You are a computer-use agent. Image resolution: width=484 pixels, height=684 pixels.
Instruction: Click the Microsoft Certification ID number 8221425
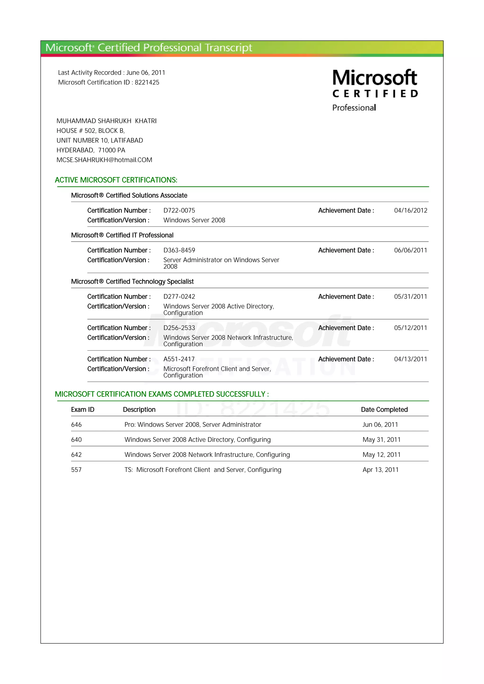pyautogui.click(x=147, y=83)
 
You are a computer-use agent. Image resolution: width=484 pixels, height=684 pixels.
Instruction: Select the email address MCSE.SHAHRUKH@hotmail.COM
pyautogui.click(x=104, y=160)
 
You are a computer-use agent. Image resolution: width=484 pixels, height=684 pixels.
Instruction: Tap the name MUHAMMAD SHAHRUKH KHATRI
pyautogui.click(x=106, y=121)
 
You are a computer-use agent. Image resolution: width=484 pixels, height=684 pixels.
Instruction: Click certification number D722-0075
pyautogui.click(x=179, y=211)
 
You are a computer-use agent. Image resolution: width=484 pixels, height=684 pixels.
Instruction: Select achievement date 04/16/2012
pyautogui.click(x=410, y=211)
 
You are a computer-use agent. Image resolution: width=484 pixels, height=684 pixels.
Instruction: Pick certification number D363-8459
pyautogui.click(x=179, y=250)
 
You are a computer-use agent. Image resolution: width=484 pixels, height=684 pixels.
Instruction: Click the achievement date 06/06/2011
pyautogui.click(x=410, y=250)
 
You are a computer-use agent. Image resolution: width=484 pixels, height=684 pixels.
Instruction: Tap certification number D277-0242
pyautogui.click(x=179, y=297)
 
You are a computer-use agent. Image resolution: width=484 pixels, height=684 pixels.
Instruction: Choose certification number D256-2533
pyautogui.click(x=179, y=328)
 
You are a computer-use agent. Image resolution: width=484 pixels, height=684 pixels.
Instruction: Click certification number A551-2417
pyautogui.click(x=179, y=359)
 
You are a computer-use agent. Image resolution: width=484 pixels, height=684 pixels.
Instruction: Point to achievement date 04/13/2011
pyautogui.click(x=410, y=359)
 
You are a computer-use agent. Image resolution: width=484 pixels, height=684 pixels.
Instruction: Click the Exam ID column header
pyautogui.click(x=83, y=410)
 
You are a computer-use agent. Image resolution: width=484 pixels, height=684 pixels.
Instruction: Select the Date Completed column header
pyautogui.click(x=384, y=410)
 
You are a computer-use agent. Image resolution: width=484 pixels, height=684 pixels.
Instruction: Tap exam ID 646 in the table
pyautogui.click(x=76, y=425)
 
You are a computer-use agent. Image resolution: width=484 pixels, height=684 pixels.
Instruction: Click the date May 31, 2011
pyautogui.click(x=381, y=440)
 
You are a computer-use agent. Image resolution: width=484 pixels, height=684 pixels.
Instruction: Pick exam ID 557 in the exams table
pyautogui.click(x=76, y=470)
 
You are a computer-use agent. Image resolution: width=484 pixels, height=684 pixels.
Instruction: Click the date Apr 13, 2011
pyautogui.click(x=380, y=470)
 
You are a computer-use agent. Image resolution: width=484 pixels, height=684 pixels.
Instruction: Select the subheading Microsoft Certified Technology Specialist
pyautogui.click(x=132, y=282)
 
